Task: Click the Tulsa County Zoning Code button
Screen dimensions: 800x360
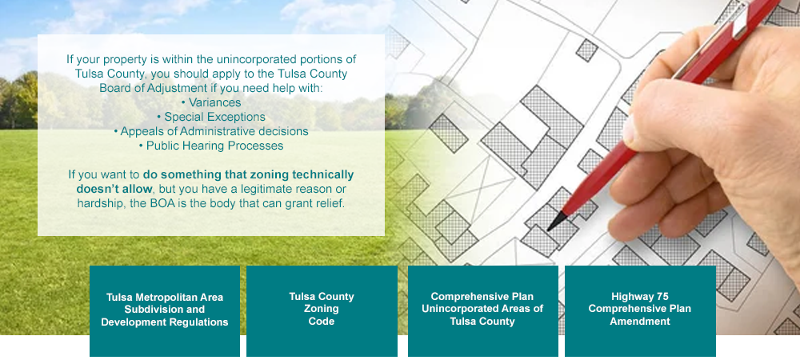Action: [x=322, y=310]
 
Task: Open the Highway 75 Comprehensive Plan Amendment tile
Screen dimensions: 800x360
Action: [x=640, y=310]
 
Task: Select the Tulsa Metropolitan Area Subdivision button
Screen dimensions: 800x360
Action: [x=164, y=310]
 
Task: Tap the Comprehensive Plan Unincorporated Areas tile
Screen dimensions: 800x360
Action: [x=482, y=310]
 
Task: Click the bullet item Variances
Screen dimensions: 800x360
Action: [x=211, y=102]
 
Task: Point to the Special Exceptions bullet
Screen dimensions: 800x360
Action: [x=211, y=118]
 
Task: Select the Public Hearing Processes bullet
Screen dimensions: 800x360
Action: [x=211, y=146]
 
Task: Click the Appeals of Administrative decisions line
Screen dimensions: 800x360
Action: [x=211, y=131]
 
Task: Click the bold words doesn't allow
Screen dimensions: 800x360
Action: [x=114, y=189]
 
